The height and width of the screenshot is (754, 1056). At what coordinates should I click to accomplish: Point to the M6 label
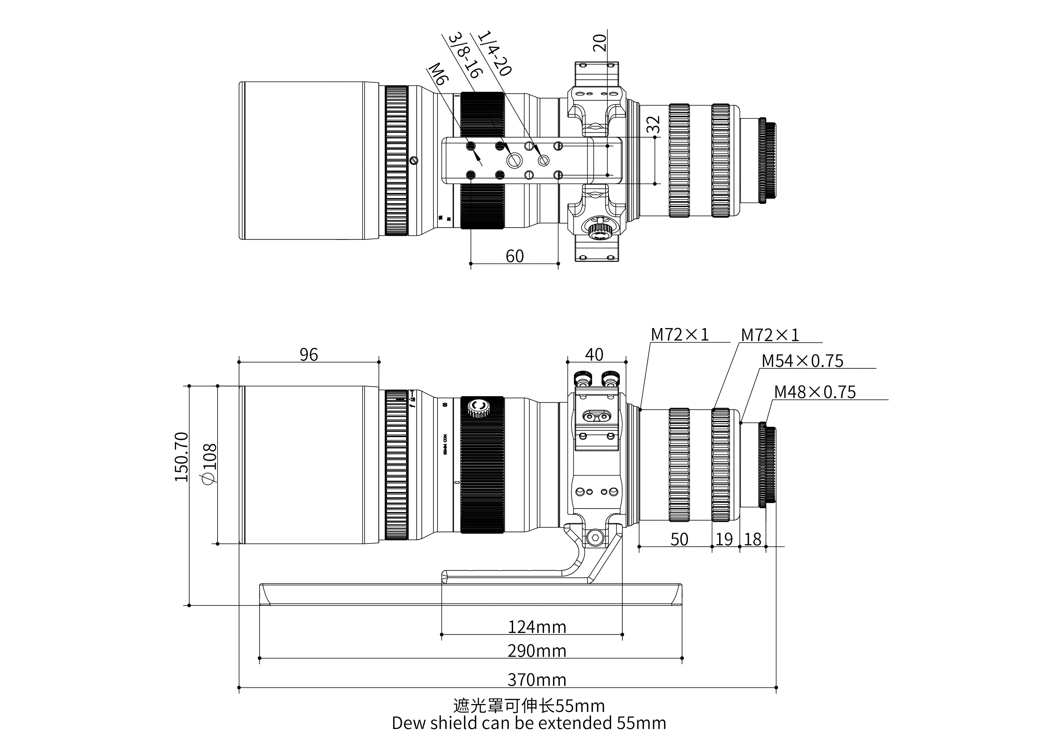click(438, 74)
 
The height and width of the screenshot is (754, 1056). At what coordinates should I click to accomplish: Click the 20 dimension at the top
click(599, 42)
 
